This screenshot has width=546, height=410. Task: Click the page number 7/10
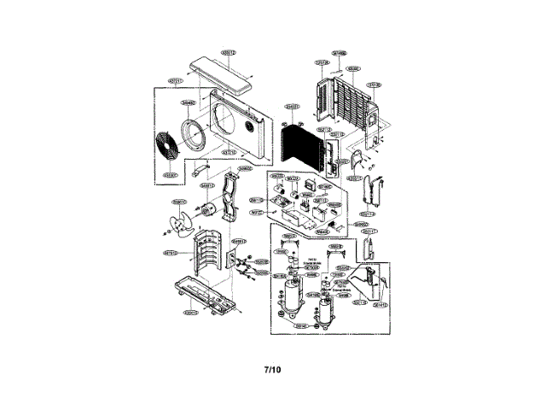[271, 370]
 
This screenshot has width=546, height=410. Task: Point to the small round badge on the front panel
[250, 127]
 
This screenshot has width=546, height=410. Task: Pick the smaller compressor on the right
[323, 307]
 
